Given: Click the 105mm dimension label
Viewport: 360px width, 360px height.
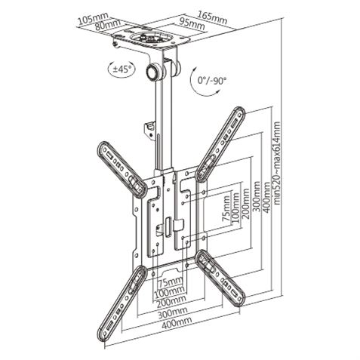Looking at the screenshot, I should (x=92, y=17).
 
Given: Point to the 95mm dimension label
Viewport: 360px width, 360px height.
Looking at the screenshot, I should (x=193, y=24).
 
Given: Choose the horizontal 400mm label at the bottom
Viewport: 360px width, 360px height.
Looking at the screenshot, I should (x=177, y=322).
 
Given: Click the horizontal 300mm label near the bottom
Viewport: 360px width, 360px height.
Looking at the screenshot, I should (x=177, y=310).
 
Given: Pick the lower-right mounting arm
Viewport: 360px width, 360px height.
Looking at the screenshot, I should (x=223, y=279).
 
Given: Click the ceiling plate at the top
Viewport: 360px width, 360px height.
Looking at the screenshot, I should (x=150, y=39).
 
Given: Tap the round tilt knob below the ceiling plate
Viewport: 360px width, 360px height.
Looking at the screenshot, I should (x=156, y=73).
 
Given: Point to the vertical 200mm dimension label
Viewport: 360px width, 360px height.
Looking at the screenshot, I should (x=245, y=204).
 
